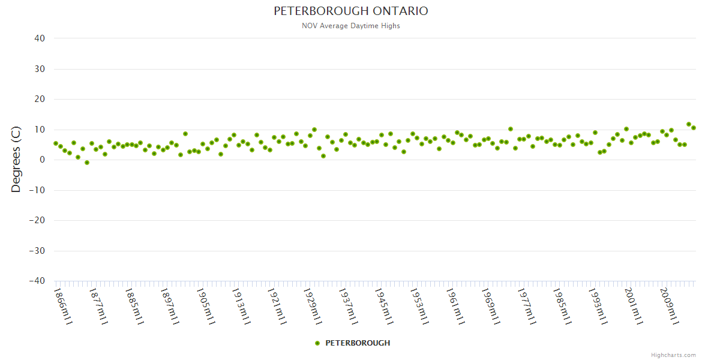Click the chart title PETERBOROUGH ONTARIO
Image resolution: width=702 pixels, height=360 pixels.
(351, 11)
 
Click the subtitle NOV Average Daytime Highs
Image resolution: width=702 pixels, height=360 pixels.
(351, 26)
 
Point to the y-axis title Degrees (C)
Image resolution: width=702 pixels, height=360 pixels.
(16, 160)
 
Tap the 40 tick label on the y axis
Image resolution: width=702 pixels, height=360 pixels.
(40, 38)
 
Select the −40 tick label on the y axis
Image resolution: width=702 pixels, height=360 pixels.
(37, 281)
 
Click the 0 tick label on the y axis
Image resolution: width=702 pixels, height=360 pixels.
(42, 160)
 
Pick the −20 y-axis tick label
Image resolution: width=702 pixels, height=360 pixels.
(37, 221)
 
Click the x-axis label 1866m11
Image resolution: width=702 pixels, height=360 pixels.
(62, 306)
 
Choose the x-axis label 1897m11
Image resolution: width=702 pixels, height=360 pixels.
(170, 306)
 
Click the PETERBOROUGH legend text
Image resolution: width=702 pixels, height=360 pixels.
(358, 343)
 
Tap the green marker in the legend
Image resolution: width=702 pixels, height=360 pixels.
(317, 343)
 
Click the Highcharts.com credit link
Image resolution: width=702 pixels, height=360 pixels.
(673, 355)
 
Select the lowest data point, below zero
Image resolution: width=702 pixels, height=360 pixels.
(87, 163)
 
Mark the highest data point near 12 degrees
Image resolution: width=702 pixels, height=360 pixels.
(689, 124)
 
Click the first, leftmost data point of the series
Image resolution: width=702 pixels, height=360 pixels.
(56, 143)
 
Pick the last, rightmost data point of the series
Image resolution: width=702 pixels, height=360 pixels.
(694, 128)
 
